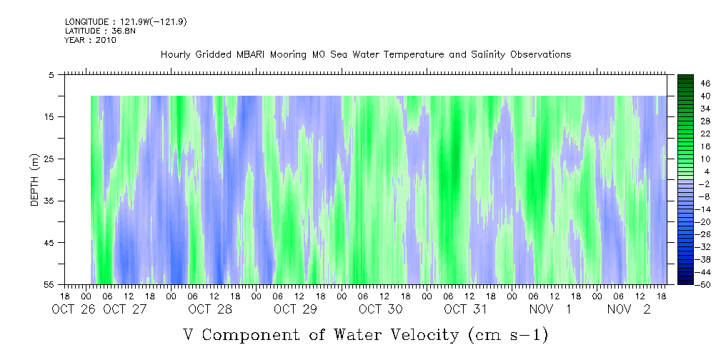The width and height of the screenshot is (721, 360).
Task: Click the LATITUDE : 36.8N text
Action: coord(91,31)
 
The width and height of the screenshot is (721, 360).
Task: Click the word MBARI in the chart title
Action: coord(255,55)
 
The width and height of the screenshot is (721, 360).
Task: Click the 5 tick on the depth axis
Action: coord(52,74)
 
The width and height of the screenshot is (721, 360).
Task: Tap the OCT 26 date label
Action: coord(71,309)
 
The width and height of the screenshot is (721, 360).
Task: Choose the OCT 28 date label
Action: coord(210,309)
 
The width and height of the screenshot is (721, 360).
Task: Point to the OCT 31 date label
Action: coord(465,309)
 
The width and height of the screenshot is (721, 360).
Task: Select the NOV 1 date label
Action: coord(550,309)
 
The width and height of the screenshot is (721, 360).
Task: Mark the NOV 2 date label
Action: coord(629,309)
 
